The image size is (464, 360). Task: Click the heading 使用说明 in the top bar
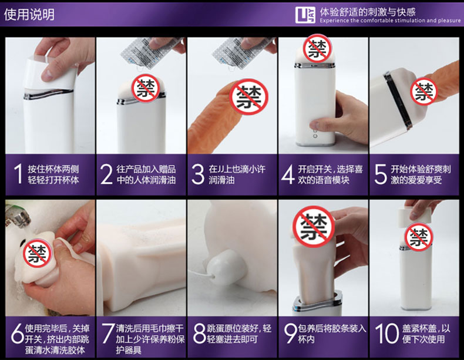coord(29,14)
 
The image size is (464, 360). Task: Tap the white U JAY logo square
coord(305,15)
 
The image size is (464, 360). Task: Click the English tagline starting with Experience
coord(390,21)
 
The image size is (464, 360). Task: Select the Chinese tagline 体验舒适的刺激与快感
coord(368,12)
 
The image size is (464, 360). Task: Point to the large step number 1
coord(18,174)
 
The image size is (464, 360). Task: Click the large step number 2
coord(106,174)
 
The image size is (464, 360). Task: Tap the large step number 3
coord(198,174)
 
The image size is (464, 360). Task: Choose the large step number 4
coord(288,174)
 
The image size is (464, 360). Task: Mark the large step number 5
coord(381,174)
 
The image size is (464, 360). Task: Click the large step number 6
coord(17,333)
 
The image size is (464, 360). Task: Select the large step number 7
coord(108,333)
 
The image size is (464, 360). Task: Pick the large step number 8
coord(199,333)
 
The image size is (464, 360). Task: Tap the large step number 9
coord(291,333)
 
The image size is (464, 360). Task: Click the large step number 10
coord(386,333)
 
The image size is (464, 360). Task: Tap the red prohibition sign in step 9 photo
coord(314,227)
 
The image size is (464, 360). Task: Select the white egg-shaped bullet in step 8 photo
coord(227,266)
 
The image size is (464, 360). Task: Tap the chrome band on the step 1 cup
coord(49,93)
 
